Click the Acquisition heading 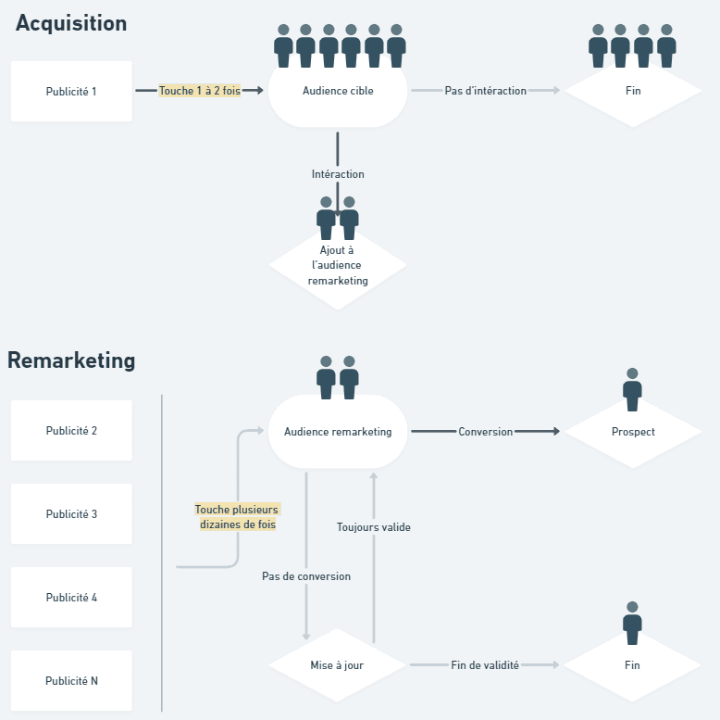click(x=71, y=24)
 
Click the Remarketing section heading click(x=71, y=360)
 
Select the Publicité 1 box click(x=71, y=91)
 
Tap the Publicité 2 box click(x=71, y=430)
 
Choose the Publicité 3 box click(x=71, y=513)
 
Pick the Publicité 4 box click(x=71, y=598)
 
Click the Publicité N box click(x=71, y=680)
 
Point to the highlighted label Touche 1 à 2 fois click(x=200, y=91)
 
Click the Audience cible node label click(x=338, y=91)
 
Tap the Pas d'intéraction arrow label click(x=485, y=91)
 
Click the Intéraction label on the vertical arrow click(x=338, y=174)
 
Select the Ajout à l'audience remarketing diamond click(x=338, y=265)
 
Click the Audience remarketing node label click(x=338, y=432)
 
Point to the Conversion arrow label click(x=485, y=432)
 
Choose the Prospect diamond click(x=633, y=432)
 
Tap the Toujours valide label click(x=374, y=527)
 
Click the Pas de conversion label click(x=306, y=576)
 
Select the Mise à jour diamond click(x=337, y=665)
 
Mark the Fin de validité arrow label click(x=485, y=665)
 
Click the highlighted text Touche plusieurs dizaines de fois click(x=238, y=517)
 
